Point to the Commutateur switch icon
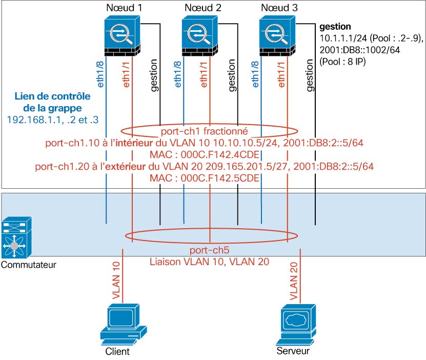(16, 239)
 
